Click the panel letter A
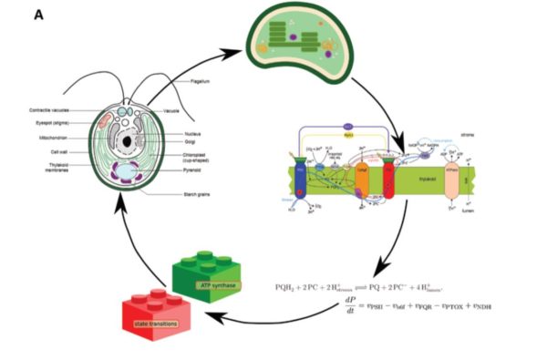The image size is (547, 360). [39, 15]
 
